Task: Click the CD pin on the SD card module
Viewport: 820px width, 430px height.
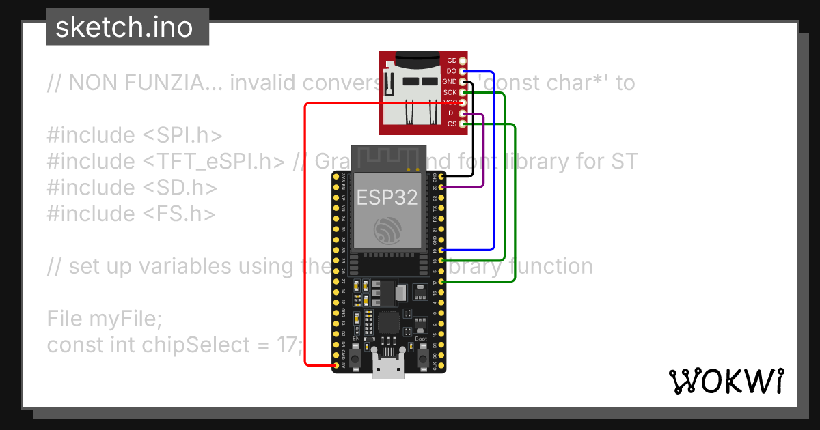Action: (x=463, y=61)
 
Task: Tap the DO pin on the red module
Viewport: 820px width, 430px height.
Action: (x=463, y=71)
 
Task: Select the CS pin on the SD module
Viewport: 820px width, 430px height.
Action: (x=463, y=124)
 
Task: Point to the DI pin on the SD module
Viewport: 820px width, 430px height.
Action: (x=463, y=113)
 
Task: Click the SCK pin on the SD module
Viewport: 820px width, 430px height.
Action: (x=463, y=92)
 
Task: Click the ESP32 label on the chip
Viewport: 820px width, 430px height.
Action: (x=387, y=197)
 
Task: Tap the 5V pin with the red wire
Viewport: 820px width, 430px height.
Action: (x=335, y=366)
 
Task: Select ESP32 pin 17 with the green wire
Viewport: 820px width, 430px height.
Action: (x=441, y=281)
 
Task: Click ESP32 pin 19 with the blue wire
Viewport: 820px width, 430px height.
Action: (x=441, y=250)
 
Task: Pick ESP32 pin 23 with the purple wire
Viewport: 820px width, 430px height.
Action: (x=441, y=186)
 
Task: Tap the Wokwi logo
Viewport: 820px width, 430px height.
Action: (x=726, y=381)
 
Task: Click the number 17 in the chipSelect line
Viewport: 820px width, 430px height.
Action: (x=286, y=345)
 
